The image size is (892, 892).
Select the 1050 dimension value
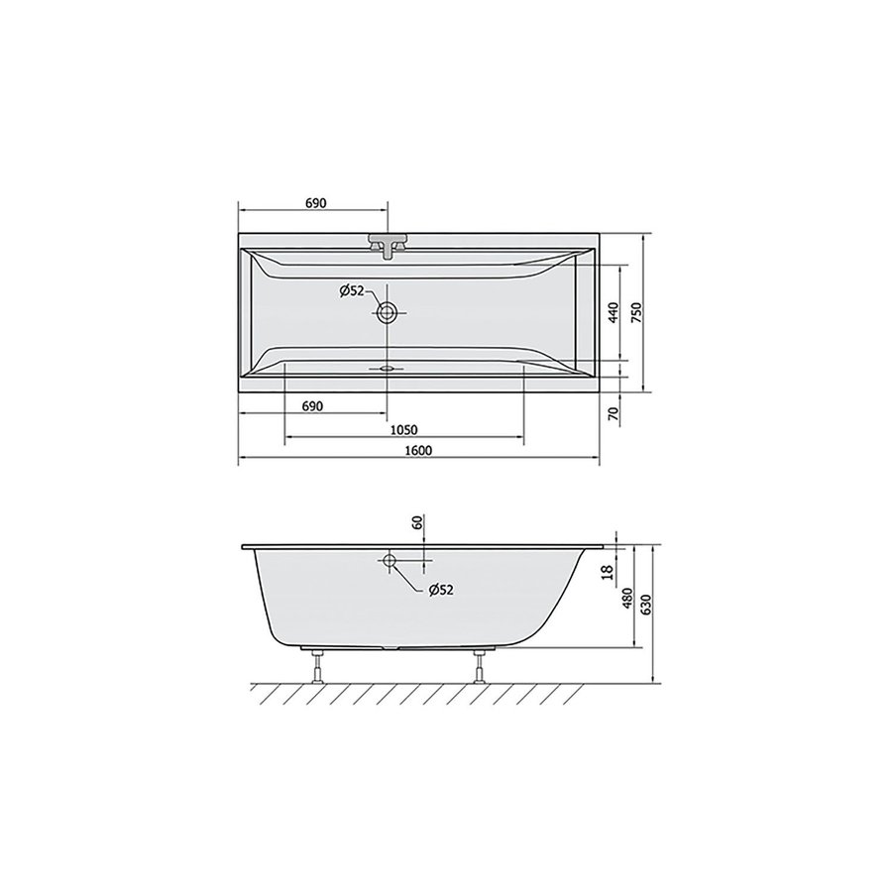coord(401,429)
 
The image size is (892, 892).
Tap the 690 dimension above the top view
coord(314,203)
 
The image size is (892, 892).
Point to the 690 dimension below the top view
coord(314,406)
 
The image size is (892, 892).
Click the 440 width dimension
coord(613,314)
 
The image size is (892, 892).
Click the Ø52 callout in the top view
coord(352,290)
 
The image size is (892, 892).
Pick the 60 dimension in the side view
coord(417,523)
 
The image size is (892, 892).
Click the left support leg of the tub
coord(317,666)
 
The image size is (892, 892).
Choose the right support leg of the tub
coord(482,666)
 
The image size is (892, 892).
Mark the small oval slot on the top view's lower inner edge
coord(387,365)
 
